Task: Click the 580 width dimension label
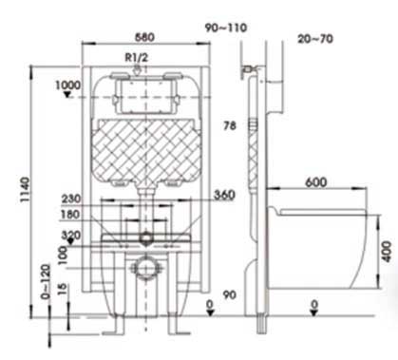click(144, 37)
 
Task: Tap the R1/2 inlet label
click(137, 58)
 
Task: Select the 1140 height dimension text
click(25, 189)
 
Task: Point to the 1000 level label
click(67, 85)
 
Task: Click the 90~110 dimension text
click(226, 28)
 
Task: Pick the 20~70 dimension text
click(315, 39)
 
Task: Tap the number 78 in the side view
click(230, 125)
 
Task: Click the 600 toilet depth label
click(316, 182)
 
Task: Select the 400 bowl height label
click(386, 251)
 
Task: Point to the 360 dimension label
click(224, 195)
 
